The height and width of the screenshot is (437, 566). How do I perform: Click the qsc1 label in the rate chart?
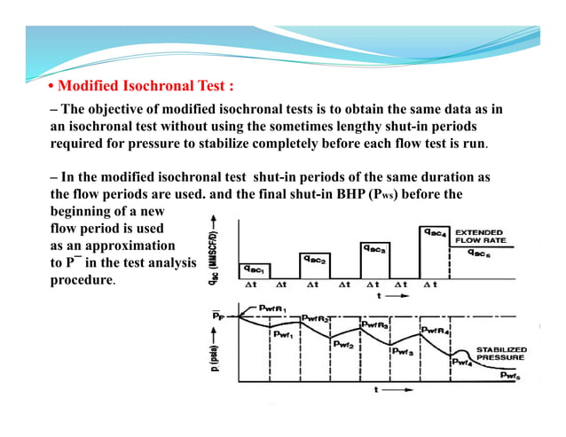coord(251,269)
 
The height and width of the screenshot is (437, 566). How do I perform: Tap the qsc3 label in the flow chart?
coord(374,249)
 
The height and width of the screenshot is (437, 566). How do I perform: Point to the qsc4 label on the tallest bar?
coord(433,232)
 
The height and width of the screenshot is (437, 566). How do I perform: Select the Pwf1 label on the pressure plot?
coord(284,334)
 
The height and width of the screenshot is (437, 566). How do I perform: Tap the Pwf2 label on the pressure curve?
coord(343,346)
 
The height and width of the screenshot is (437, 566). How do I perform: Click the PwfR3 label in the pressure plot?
coord(376,325)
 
